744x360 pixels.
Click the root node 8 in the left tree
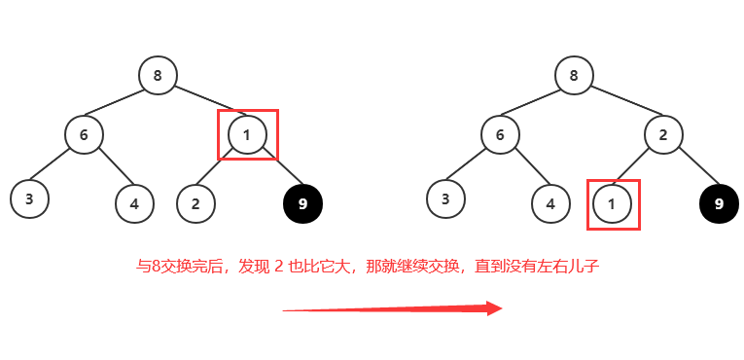(x=158, y=75)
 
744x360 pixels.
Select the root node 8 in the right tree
(x=574, y=75)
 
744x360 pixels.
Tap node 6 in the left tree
(x=85, y=134)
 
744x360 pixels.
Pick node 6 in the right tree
(x=500, y=134)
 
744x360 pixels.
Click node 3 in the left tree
(x=29, y=198)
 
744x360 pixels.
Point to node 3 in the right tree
(x=445, y=198)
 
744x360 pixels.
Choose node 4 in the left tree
(x=134, y=203)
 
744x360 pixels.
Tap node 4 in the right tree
(x=550, y=203)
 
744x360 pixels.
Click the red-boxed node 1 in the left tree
(x=247, y=134)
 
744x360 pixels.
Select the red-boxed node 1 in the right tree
(x=612, y=203)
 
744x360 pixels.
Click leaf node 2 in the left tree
(x=195, y=203)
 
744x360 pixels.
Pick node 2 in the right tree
(x=663, y=134)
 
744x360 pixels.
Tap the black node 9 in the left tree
(x=302, y=203)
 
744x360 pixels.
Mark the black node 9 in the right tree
(x=719, y=203)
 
